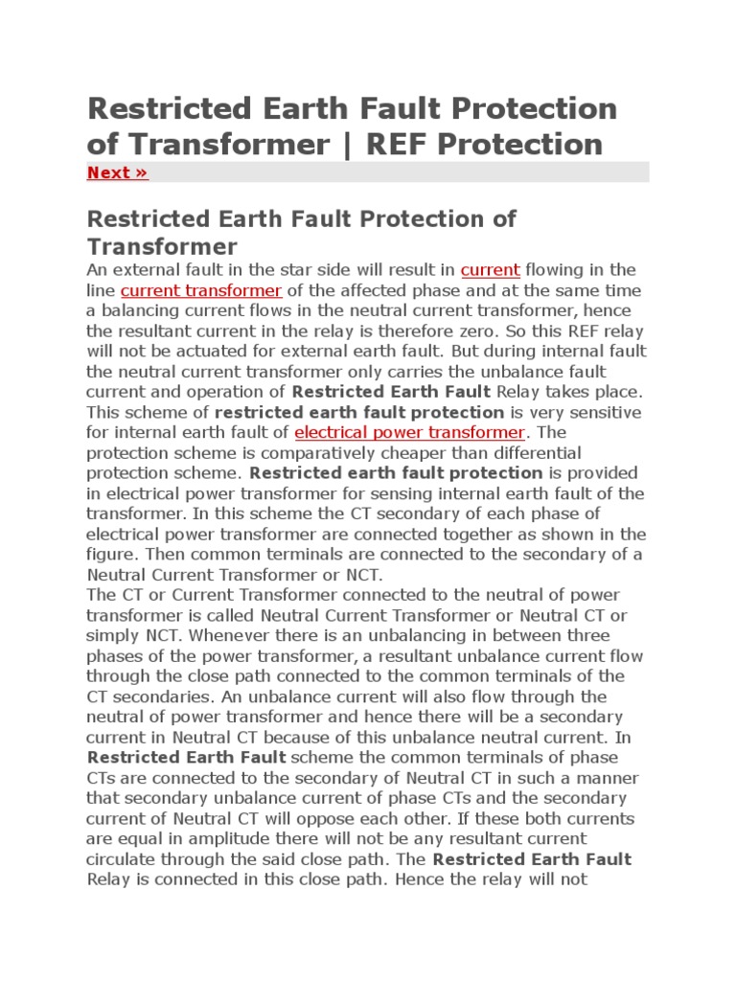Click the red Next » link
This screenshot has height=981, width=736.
[x=117, y=172]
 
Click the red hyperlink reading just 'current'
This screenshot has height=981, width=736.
[x=490, y=270]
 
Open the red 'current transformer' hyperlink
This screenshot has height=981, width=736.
[x=201, y=290]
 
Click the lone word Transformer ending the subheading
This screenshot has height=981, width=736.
[x=163, y=246]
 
